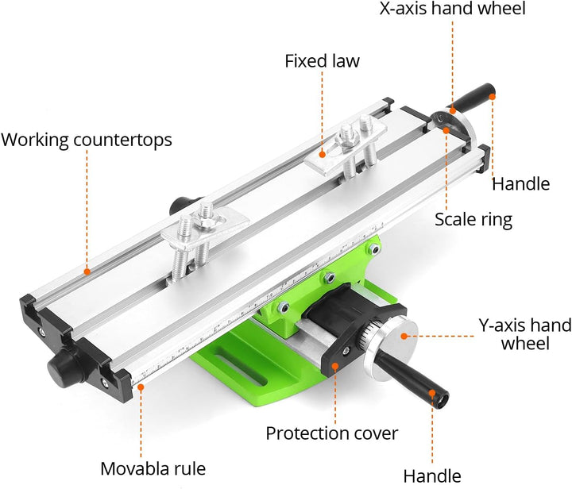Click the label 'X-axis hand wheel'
click(x=452, y=9)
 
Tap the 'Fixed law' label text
click(x=322, y=61)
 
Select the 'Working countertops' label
click(x=87, y=141)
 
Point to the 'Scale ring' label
click(x=473, y=220)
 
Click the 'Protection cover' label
click(x=331, y=433)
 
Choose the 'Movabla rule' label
click(x=153, y=468)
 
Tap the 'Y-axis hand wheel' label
click(x=525, y=334)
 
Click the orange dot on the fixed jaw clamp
click(x=322, y=155)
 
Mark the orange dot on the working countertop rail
click(x=87, y=271)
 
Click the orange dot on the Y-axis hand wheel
click(x=404, y=336)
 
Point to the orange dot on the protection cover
click(x=335, y=366)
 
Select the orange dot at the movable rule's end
click(x=141, y=387)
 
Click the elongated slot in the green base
click(x=241, y=369)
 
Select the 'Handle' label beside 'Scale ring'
click(x=520, y=184)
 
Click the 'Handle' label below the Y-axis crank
click(x=432, y=476)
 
